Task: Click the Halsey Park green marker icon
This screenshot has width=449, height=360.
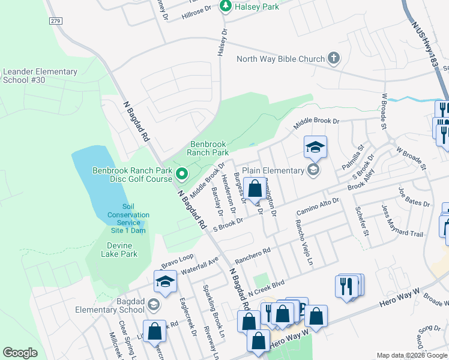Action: pyautogui.click(x=226, y=6)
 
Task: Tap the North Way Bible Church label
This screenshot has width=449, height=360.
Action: pyautogui.click(x=280, y=59)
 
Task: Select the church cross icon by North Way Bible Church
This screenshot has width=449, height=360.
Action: pyautogui.click(x=333, y=59)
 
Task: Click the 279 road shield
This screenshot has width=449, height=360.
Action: pyautogui.click(x=56, y=21)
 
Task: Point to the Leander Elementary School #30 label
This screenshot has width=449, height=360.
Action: pyautogui.click(x=40, y=76)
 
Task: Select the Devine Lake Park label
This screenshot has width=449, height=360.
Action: pyautogui.click(x=122, y=250)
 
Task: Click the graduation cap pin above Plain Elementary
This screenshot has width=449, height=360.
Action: pyautogui.click(x=315, y=147)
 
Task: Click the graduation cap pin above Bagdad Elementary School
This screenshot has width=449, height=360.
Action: pyautogui.click(x=166, y=281)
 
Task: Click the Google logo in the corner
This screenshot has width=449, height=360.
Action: pyautogui.click(x=20, y=353)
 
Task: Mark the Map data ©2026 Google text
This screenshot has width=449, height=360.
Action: pyautogui.click(x=411, y=355)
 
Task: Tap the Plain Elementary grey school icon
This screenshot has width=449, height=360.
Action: pyautogui.click(x=312, y=170)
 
